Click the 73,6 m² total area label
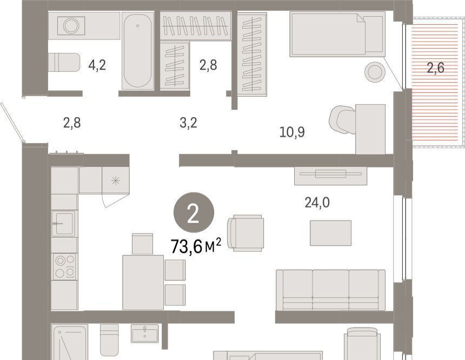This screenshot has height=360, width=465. point(196,246)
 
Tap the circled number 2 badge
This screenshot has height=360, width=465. point(194,212)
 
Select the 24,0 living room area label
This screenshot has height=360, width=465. point(317,203)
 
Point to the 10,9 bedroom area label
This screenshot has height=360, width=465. point(292,132)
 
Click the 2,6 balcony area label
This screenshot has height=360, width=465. point(436,68)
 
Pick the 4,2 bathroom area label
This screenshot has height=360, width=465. point(97,65)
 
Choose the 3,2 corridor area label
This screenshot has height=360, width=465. point(188,123)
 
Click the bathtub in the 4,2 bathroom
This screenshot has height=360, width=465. point(138,51)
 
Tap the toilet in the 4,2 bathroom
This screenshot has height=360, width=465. point(64,62)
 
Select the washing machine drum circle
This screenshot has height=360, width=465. point(71,26)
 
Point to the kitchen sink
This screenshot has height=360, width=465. point(64,223)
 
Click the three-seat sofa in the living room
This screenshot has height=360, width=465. point(331,290)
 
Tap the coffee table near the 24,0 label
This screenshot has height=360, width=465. point(331,233)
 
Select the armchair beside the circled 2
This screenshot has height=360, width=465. point(245,233)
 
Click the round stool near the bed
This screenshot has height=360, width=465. point(375,72)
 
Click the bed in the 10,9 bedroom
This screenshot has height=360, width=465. point(337,34)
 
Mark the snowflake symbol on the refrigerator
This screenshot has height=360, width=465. point(116,181)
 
